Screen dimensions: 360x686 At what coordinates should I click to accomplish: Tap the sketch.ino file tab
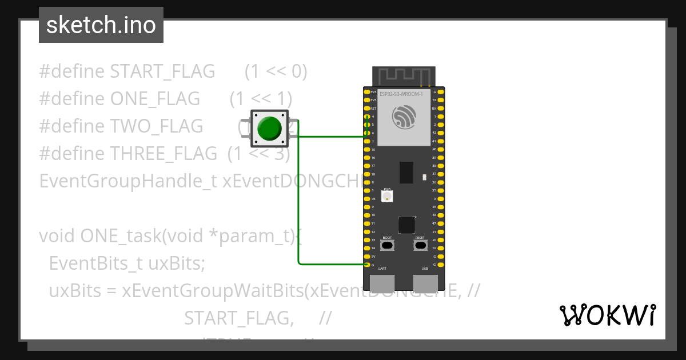[x=101, y=25]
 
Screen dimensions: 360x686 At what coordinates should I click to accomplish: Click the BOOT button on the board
[x=387, y=245]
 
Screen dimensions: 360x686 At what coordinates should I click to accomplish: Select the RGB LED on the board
[x=387, y=196]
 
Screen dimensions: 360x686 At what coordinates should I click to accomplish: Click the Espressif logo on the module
[x=404, y=118]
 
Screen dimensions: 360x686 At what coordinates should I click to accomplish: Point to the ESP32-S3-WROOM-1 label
[x=401, y=94]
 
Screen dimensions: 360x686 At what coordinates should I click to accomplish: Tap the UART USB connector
[x=382, y=282]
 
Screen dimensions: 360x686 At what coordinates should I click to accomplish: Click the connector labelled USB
[x=425, y=282]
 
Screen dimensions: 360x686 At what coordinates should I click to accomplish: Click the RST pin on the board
[x=367, y=108]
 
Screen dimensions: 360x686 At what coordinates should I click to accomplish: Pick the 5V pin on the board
[x=367, y=257]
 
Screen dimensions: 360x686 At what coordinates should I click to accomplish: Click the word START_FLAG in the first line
[x=162, y=71]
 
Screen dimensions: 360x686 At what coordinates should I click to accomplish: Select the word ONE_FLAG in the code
[x=155, y=99]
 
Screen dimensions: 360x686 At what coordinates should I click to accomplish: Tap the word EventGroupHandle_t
[x=128, y=181]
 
